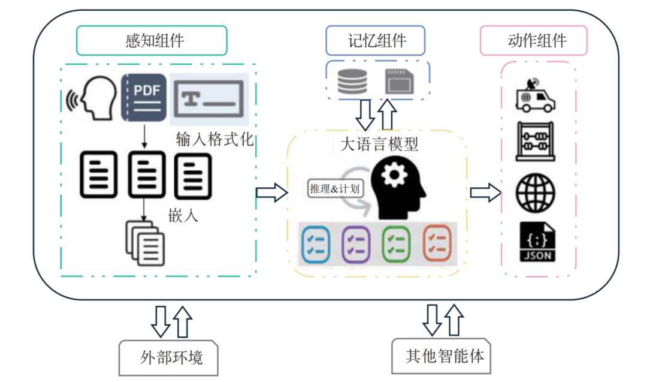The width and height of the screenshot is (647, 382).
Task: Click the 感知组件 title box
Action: [151, 41]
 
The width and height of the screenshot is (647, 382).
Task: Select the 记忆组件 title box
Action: [375, 41]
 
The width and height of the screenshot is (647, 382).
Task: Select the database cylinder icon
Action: [352, 82]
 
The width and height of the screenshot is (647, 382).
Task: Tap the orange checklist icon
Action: [437, 243]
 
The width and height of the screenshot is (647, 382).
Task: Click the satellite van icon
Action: [535, 97]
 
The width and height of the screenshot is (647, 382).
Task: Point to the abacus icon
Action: [535, 142]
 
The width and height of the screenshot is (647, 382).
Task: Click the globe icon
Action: [535, 192]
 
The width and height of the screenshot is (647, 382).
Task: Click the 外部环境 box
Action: [170, 358]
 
